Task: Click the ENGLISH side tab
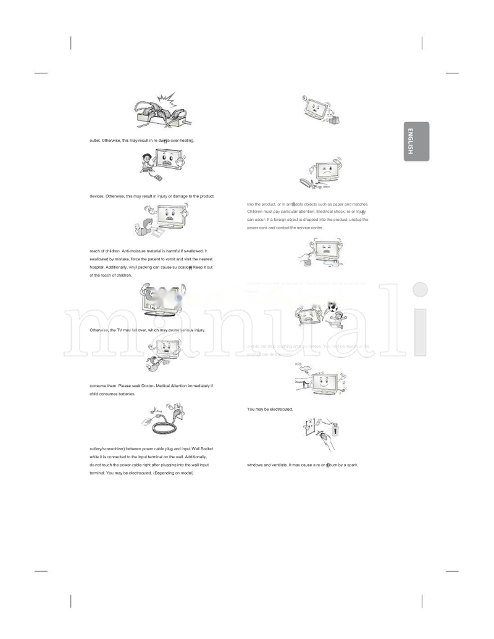pos(416,141)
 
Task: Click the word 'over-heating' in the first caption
pos(182,141)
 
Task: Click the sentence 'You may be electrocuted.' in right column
pos(270,409)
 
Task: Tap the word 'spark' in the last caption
pos(352,464)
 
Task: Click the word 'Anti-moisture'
pos(135,251)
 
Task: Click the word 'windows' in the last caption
pos(255,464)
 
